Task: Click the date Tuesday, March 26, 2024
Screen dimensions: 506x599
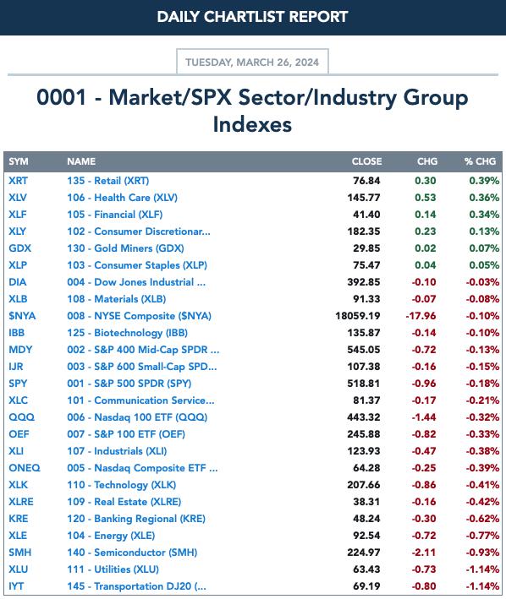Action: pyautogui.click(x=252, y=63)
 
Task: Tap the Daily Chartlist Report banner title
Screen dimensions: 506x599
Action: pyautogui.click(x=252, y=17)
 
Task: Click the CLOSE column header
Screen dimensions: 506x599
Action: pyautogui.click(x=366, y=161)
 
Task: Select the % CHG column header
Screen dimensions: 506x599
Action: pyautogui.click(x=480, y=161)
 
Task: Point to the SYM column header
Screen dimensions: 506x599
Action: pyautogui.click(x=19, y=161)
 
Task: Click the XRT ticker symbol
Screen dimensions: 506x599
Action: pyautogui.click(x=18, y=180)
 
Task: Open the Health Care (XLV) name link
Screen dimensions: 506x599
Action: pyautogui.click(x=123, y=198)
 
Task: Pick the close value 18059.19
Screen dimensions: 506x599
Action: pyautogui.click(x=358, y=316)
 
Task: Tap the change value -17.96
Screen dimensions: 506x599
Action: pyautogui.click(x=421, y=316)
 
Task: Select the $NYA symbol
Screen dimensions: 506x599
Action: pyautogui.click(x=22, y=316)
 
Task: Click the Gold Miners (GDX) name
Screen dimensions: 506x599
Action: pyautogui.click(x=125, y=248)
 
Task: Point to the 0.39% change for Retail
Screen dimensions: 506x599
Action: pyautogui.click(x=484, y=181)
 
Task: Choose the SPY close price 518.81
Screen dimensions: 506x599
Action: pyautogui.click(x=363, y=384)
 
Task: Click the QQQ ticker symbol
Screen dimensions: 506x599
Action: pyautogui.click(x=21, y=417)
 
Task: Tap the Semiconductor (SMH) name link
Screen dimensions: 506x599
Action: pyautogui.click(x=132, y=553)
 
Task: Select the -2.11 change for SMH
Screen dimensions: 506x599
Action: pyautogui.click(x=424, y=553)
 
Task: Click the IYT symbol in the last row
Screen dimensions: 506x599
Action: pyautogui.click(x=16, y=586)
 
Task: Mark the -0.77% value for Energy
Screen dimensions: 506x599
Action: pyautogui.click(x=482, y=536)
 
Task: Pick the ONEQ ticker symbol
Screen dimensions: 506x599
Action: pyautogui.click(x=25, y=468)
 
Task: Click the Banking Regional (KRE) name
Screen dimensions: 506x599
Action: pyautogui.click(x=136, y=519)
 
